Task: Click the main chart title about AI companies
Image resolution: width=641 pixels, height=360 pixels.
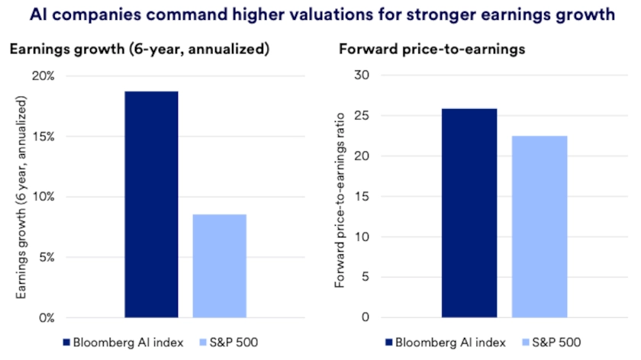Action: [x=320, y=14]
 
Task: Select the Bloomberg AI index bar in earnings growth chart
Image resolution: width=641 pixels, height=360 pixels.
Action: [x=151, y=204]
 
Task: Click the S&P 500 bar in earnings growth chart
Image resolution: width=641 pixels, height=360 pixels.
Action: [x=220, y=265]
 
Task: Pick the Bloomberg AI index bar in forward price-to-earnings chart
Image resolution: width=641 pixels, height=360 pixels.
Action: [x=469, y=213]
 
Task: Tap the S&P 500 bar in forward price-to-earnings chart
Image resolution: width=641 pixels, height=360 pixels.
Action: [x=540, y=227]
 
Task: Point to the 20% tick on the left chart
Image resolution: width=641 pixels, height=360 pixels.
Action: [x=43, y=76]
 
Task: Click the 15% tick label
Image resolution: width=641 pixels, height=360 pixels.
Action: [x=43, y=137]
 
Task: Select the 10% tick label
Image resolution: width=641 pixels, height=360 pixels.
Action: [x=43, y=197]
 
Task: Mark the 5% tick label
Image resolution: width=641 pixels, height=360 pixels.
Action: [x=46, y=257]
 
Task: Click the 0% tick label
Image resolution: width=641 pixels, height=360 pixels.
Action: [x=46, y=317]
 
